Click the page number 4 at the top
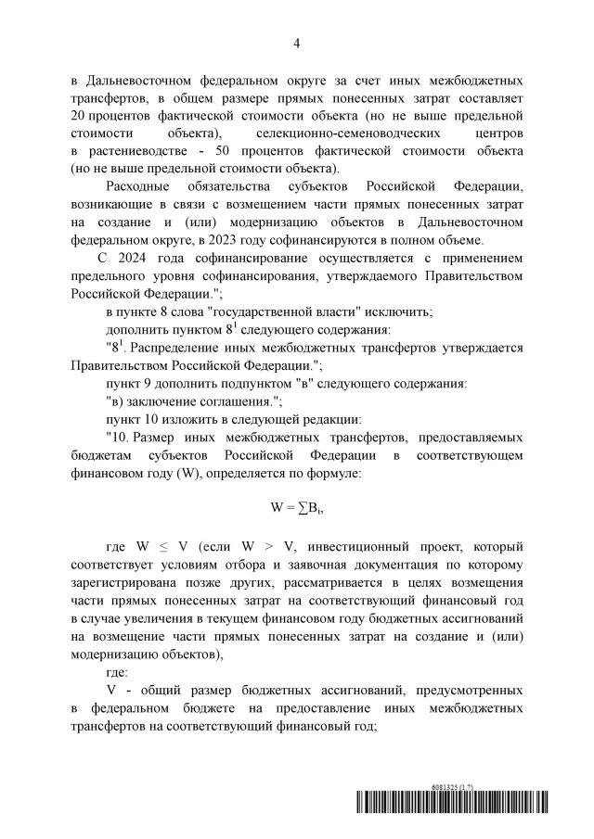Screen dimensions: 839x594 tap(296, 43)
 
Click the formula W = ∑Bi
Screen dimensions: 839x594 tap(296, 507)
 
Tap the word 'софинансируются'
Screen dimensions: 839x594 tap(323, 238)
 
